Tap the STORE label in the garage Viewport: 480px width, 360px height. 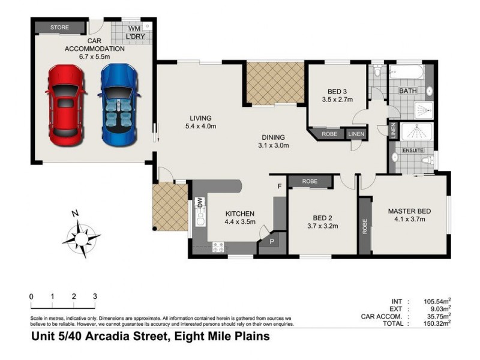pos(59,28)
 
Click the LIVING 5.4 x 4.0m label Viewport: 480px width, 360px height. pos(200,122)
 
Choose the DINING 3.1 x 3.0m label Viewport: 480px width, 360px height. pos(273,141)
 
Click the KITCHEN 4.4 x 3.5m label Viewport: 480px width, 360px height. pos(240,218)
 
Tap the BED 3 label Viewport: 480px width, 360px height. pos(337,95)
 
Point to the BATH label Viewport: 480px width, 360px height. pos(408,91)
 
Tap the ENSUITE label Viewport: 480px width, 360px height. pos(413,150)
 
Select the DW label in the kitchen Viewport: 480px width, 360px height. pos(200,204)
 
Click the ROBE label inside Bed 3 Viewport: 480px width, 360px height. pos(329,134)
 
